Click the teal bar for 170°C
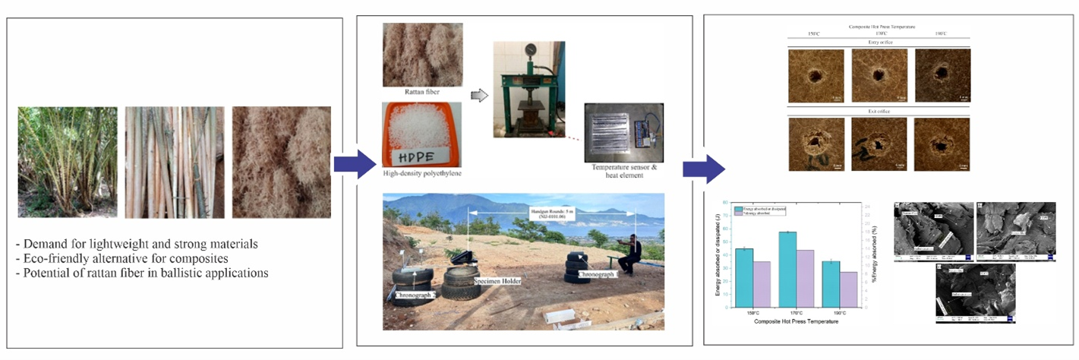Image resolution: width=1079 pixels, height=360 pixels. pyautogui.click(x=787, y=269)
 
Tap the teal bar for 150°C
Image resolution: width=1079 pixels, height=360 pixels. pyautogui.click(x=744, y=277)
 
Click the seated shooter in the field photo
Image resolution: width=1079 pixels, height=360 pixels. pyautogui.click(x=629, y=254)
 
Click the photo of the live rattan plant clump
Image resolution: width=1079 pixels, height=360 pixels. pyautogui.click(x=68, y=162)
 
